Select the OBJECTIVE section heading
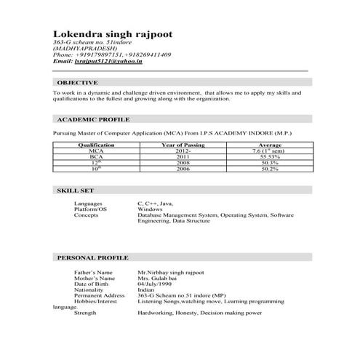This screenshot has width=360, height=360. (x=78, y=84)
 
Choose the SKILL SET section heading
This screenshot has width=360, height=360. (x=74, y=190)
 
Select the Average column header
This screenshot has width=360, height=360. (x=269, y=145)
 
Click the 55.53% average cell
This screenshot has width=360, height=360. (x=269, y=156)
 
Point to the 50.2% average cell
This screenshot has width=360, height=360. (x=269, y=168)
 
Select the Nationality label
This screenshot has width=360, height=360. (x=90, y=289)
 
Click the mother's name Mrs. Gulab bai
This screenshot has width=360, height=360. (x=156, y=278)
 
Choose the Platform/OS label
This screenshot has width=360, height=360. (x=90, y=209)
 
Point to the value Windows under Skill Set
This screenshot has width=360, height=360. (x=150, y=209)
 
